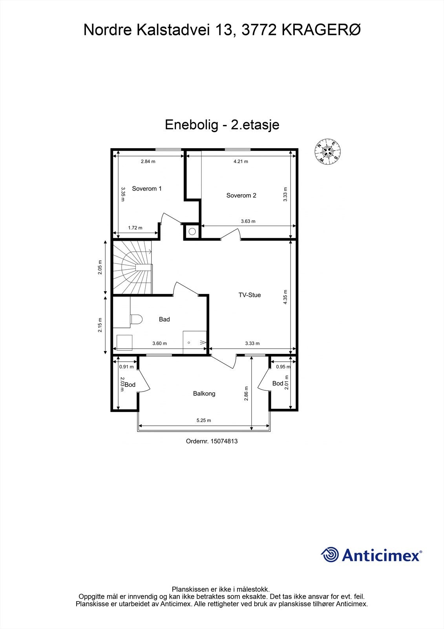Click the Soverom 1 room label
147,189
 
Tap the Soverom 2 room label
241,195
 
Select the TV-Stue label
249,295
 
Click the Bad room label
164,319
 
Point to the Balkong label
204,394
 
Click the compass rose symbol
327,151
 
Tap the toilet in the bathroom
136,319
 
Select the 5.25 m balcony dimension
204,420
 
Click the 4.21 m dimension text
241,161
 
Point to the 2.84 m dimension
148,161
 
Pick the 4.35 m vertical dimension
285,297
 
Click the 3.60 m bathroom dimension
159,343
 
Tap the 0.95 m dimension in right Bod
283,367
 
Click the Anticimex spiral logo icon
330,555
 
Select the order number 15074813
224,441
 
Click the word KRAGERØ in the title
321,30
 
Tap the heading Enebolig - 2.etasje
222,125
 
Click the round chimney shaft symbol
192,231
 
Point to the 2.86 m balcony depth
246,394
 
